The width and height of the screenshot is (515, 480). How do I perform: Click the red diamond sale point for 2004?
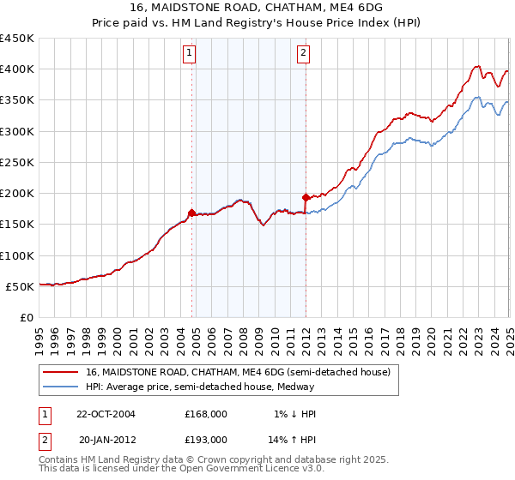[192, 213]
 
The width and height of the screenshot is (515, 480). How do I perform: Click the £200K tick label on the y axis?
[16, 194]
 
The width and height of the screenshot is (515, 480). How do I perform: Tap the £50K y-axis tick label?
[20, 286]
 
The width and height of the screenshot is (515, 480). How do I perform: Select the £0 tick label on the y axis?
[26, 317]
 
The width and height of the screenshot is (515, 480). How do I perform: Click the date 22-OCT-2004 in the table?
[106, 414]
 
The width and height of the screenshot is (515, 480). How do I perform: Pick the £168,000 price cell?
[206, 414]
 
